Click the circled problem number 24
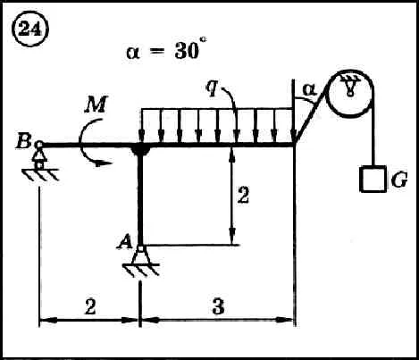(x=29, y=30)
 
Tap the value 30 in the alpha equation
(x=187, y=51)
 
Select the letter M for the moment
(x=96, y=105)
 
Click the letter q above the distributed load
(x=213, y=88)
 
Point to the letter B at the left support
(x=23, y=141)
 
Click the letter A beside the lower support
(x=125, y=241)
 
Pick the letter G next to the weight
(x=399, y=180)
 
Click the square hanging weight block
(x=373, y=179)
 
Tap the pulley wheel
(x=350, y=93)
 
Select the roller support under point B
(x=39, y=161)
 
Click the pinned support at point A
(x=141, y=260)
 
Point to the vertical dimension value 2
(x=243, y=195)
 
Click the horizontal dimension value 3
(x=218, y=306)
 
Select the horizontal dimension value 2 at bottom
(x=90, y=306)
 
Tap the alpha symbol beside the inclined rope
(x=310, y=89)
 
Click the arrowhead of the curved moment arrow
(x=105, y=163)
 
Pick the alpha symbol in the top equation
(x=134, y=53)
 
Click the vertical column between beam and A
(x=140, y=197)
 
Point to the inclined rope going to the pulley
(x=311, y=113)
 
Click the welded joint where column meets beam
(x=140, y=150)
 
